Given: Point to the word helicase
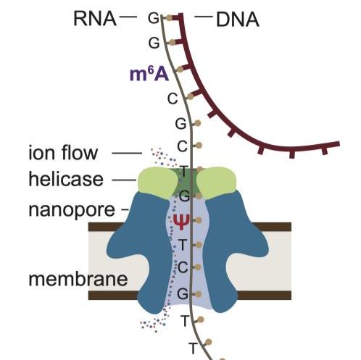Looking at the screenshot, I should tap(67, 178).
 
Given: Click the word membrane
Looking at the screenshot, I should tap(70, 278).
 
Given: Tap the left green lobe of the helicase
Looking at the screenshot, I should tap(154, 182).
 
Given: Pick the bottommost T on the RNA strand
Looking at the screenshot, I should tap(193, 348).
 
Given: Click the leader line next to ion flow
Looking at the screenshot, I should tap(128, 154).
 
